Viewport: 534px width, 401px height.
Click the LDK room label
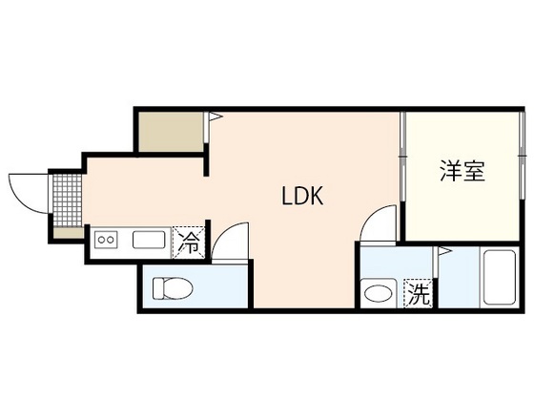[x=302, y=196]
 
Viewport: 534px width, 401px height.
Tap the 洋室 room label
[x=462, y=170]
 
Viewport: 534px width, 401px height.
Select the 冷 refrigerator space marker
[x=189, y=243]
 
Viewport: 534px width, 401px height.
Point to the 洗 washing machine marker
[x=419, y=293]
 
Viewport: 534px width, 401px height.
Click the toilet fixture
[x=173, y=288]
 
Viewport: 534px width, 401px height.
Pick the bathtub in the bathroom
[x=500, y=277]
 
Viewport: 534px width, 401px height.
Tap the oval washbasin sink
[x=378, y=293]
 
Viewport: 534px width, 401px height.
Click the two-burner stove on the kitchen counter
[x=106, y=240]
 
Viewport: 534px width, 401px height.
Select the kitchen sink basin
[x=149, y=240]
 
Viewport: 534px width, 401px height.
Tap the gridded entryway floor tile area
[x=68, y=200]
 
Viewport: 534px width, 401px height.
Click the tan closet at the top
[x=171, y=132]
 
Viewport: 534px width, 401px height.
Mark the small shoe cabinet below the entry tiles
[x=69, y=233]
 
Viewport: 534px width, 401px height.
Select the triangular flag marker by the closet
[x=215, y=116]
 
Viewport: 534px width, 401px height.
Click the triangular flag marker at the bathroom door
[x=444, y=251]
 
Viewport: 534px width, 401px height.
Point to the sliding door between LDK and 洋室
[x=402, y=157]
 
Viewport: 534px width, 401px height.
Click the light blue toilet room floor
[x=195, y=287]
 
